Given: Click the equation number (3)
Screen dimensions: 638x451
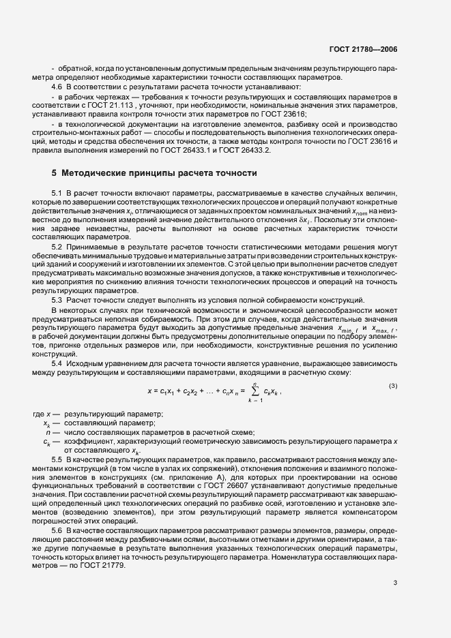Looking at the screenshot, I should pos(393,387).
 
